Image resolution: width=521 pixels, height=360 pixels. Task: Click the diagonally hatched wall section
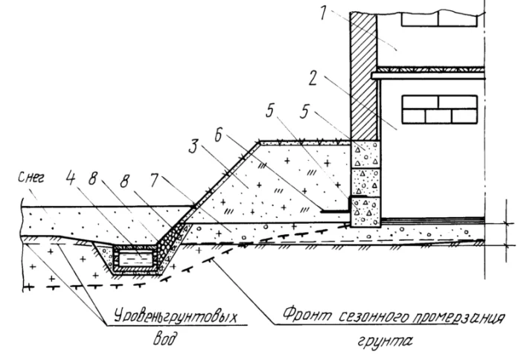pyautogui.click(x=363, y=74)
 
